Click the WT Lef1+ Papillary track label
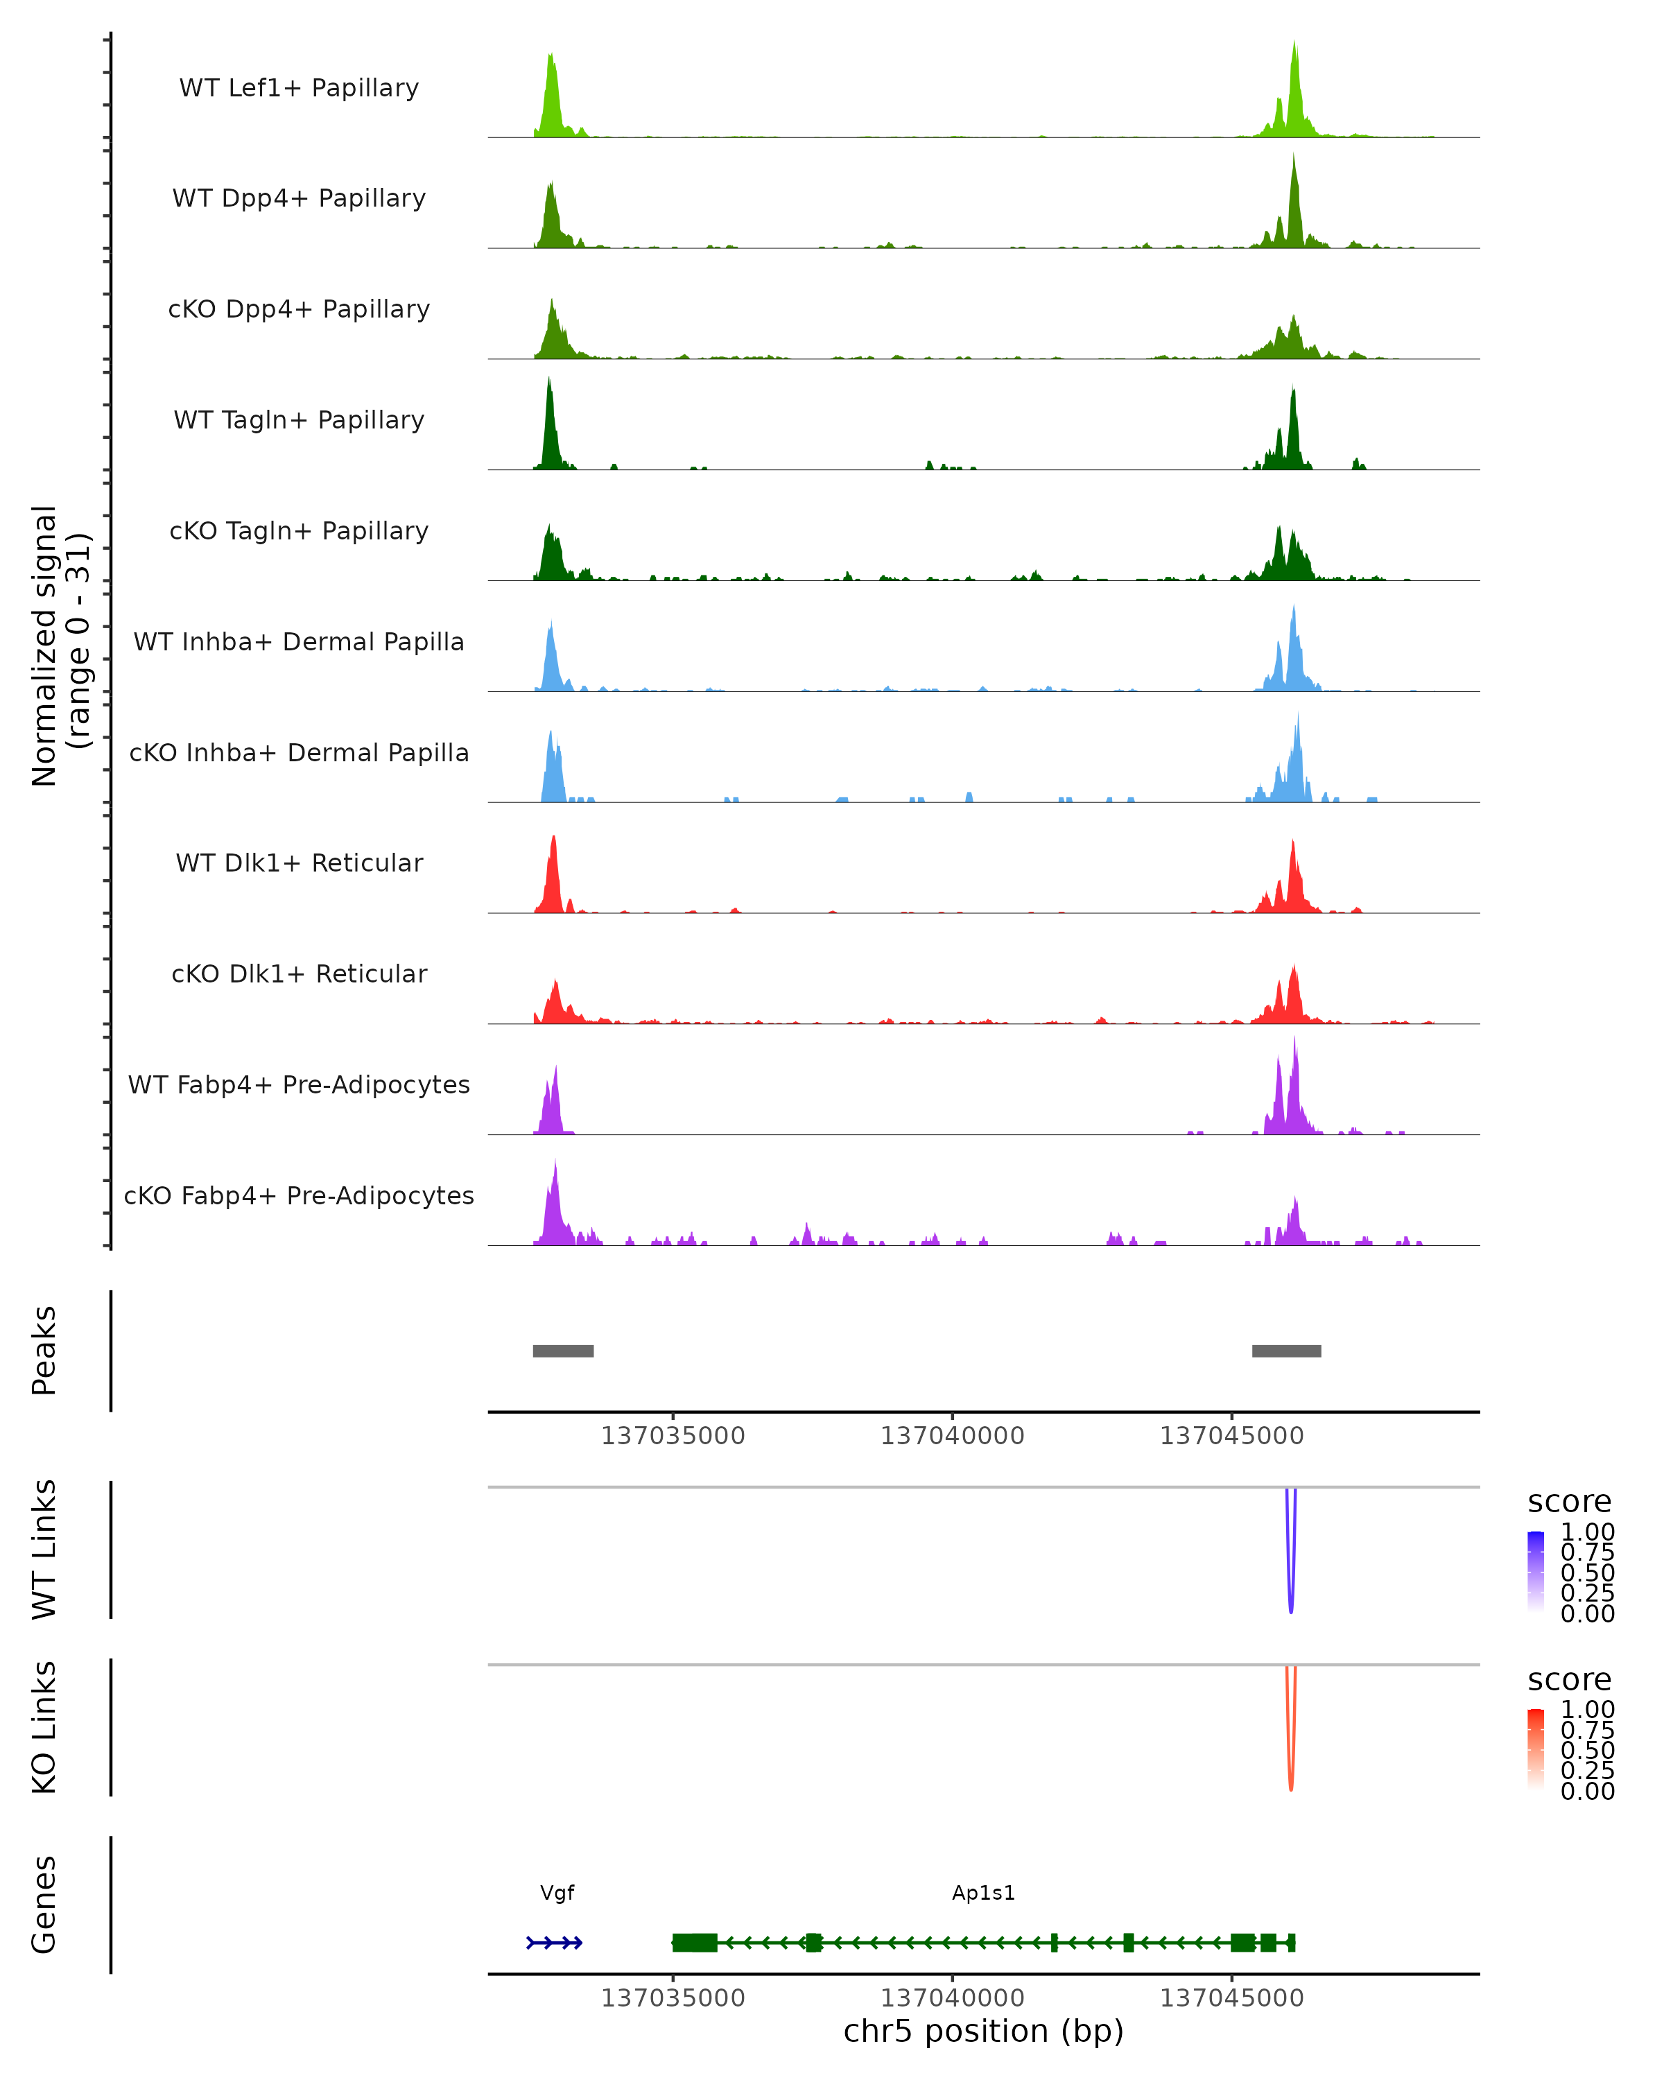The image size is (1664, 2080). click(299, 88)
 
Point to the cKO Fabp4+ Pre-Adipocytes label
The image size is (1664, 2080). click(299, 1195)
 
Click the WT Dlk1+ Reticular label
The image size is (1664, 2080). click(299, 863)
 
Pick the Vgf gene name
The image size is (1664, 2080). click(557, 1893)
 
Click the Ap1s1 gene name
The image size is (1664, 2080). click(983, 1893)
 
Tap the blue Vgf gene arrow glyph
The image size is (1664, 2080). click(555, 1943)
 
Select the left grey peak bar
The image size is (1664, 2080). click(564, 1351)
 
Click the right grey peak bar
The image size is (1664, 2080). click(1286, 1351)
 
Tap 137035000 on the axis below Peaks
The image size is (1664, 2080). click(673, 1436)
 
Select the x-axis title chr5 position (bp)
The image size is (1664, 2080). click(983, 2031)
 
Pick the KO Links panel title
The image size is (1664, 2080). click(44, 1728)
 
